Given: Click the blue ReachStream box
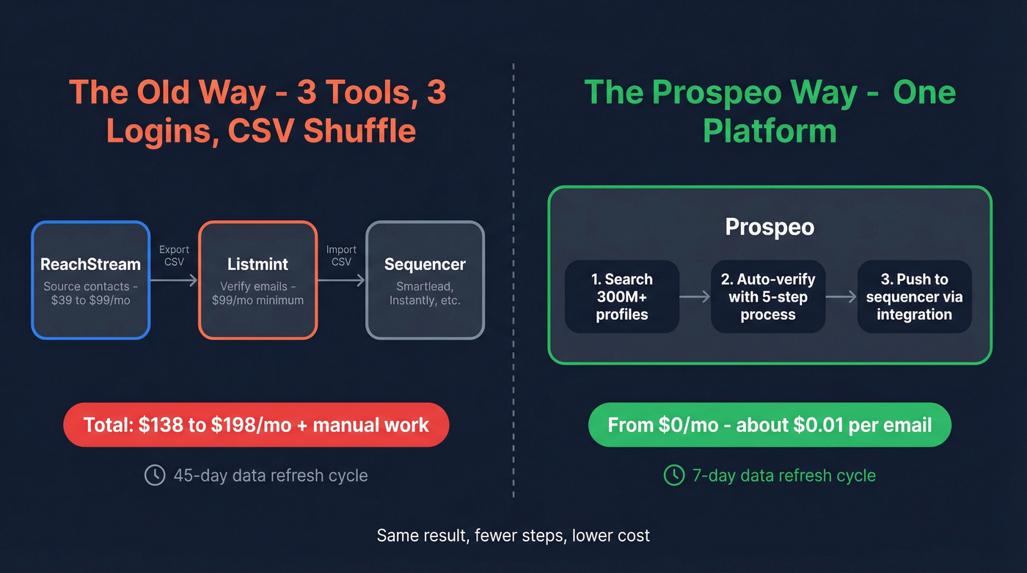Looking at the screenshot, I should (x=90, y=280).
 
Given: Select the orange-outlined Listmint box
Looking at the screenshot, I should (x=257, y=280).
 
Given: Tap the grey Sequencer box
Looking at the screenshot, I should (x=425, y=280).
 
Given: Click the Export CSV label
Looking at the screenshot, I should (x=174, y=256).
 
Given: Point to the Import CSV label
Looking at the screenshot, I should (x=341, y=256).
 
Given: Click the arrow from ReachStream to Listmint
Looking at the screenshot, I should (x=174, y=280).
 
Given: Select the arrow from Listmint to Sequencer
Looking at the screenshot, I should (x=341, y=280).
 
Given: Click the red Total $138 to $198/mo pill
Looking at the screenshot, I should (x=255, y=425).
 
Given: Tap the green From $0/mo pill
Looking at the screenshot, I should (x=770, y=425).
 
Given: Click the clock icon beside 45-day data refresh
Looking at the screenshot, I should (x=155, y=475).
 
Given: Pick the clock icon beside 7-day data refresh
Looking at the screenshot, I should (x=673, y=475).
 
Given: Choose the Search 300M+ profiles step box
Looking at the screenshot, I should (x=622, y=296).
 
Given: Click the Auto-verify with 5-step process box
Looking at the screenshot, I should (x=767, y=296).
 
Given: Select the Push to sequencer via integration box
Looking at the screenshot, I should (x=914, y=296).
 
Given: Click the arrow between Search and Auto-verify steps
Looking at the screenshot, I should (x=695, y=296).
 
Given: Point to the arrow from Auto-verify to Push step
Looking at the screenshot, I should (x=841, y=296).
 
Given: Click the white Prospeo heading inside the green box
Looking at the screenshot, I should (x=770, y=227).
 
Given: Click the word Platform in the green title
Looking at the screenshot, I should (x=770, y=131).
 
